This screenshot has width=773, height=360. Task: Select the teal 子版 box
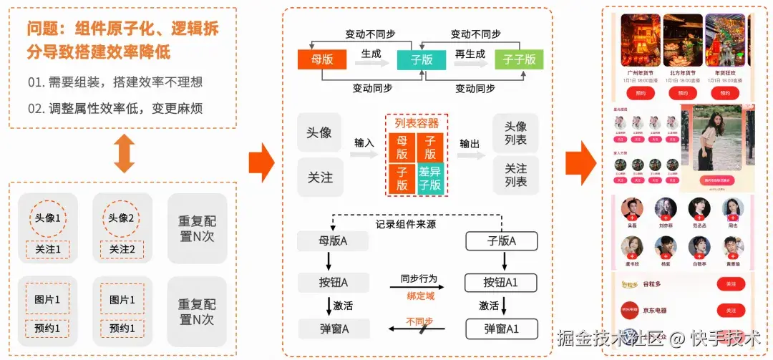(x=422, y=59)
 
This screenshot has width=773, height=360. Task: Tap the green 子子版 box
(x=519, y=59)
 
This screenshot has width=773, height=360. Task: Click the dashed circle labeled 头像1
(x=48, y=219)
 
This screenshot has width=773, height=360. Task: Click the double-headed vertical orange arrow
(x=124, y=152)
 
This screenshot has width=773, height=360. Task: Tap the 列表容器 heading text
(x=417, y=123)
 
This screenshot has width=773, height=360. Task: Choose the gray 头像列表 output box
(x=515, y=133)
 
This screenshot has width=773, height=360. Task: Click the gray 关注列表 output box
(x=515, y=175)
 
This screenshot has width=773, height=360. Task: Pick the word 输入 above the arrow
(x=364, y=142)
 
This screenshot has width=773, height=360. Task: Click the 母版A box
(x=333, y=241)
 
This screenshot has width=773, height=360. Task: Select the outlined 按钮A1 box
(x=501, y=282)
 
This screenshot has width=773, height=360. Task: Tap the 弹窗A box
(x=334, y=329)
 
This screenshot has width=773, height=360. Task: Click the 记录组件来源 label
(x=406, y=224)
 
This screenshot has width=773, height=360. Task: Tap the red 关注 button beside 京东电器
(x=730, y=311)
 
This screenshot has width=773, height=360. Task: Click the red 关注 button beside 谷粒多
(x=730, y=284)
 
